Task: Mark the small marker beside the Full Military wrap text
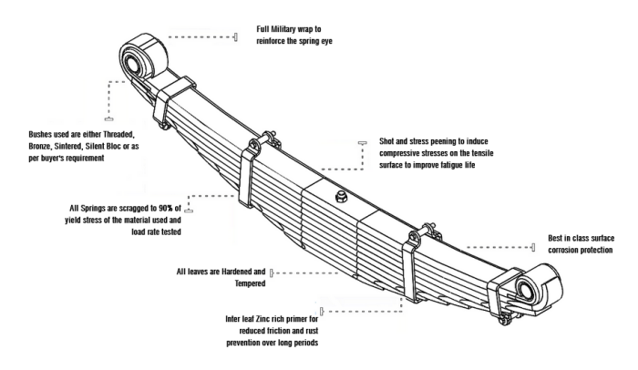click(235, 37)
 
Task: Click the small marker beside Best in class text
click(532, 247)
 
